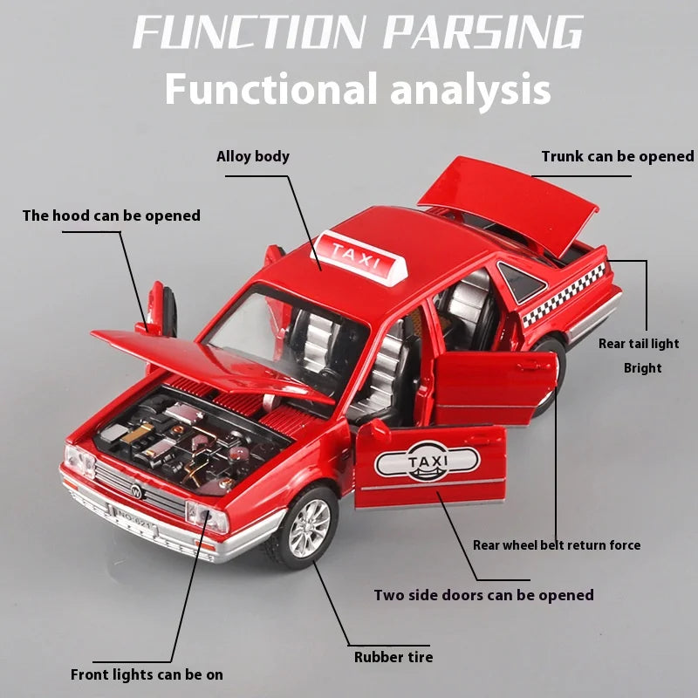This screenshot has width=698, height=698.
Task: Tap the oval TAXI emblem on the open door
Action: click(426, 460)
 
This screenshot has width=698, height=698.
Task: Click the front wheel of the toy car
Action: click(304, 527)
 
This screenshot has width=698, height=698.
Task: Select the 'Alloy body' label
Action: click(253, 157)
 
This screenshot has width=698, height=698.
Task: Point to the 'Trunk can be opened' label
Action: click(617, 157)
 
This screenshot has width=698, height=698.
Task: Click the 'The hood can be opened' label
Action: click(111, 216)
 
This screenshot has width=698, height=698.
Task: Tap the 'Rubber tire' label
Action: click(393, 657)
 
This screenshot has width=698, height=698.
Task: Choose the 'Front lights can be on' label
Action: click(147, 674)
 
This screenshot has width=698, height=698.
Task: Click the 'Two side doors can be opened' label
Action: click(483, 595)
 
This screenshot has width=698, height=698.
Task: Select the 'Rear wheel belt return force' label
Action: click(556, 545)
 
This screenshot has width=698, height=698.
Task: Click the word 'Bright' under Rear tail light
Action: click(642, 368)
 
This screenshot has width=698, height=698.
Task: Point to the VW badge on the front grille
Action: click(136, 490)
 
